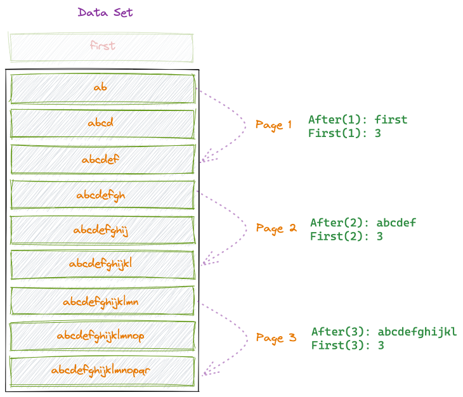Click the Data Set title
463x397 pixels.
tap(105, 12)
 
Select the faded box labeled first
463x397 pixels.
tap(101, 46)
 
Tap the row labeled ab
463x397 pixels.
tap(101, 88)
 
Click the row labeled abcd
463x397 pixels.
tap(101, 124)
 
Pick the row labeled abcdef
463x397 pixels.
tap(101, 160)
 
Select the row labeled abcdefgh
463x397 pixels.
tap(101, 195)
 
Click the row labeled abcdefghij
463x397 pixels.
tap(101, 230)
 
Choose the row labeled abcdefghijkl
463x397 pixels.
tap(101, 264)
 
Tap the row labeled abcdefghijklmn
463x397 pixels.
tap(101, 301)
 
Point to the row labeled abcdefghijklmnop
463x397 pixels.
tap(101, 335)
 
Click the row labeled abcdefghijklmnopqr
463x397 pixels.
tap(101, 370)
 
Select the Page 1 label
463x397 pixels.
tap(273, 124)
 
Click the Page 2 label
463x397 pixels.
tap(276, 228)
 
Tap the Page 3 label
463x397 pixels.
tap(276, 337)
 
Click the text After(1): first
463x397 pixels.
tap(358, 119)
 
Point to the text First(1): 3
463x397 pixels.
tap(344, 133)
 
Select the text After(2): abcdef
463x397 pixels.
tap(363, 223)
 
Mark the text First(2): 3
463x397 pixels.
tap(346, 237)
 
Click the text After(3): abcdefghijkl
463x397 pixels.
tap(384, 332)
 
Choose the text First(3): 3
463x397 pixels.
tap(348, 346)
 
